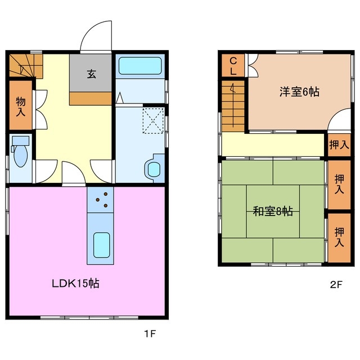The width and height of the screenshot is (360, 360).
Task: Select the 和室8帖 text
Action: tap(272, 211)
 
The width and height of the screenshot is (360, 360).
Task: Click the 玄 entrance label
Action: tap(91, 73)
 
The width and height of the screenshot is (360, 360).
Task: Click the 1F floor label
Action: tap(149, 335)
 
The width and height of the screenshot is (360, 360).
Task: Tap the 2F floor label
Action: tap(336, 285)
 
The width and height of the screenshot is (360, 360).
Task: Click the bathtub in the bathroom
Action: tap(140, 65)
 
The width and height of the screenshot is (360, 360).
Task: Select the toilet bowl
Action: tap(20, 154)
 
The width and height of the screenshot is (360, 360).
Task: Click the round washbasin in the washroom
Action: tap(152, 168)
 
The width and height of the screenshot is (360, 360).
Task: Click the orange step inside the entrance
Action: tap(91, 98)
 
